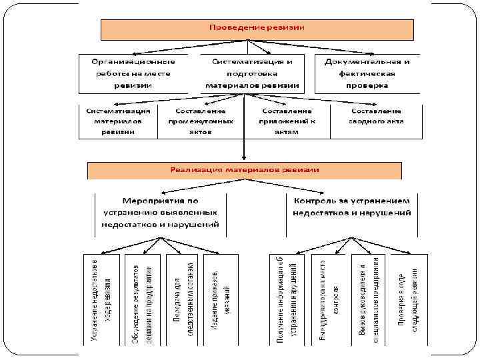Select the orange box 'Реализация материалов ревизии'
pos(245,170)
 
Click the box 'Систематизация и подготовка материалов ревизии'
pos(252,73)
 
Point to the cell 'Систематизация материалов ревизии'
pos(117,121)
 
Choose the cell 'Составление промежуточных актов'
pos(199,121)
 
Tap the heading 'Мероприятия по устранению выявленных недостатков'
pos(160,213)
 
